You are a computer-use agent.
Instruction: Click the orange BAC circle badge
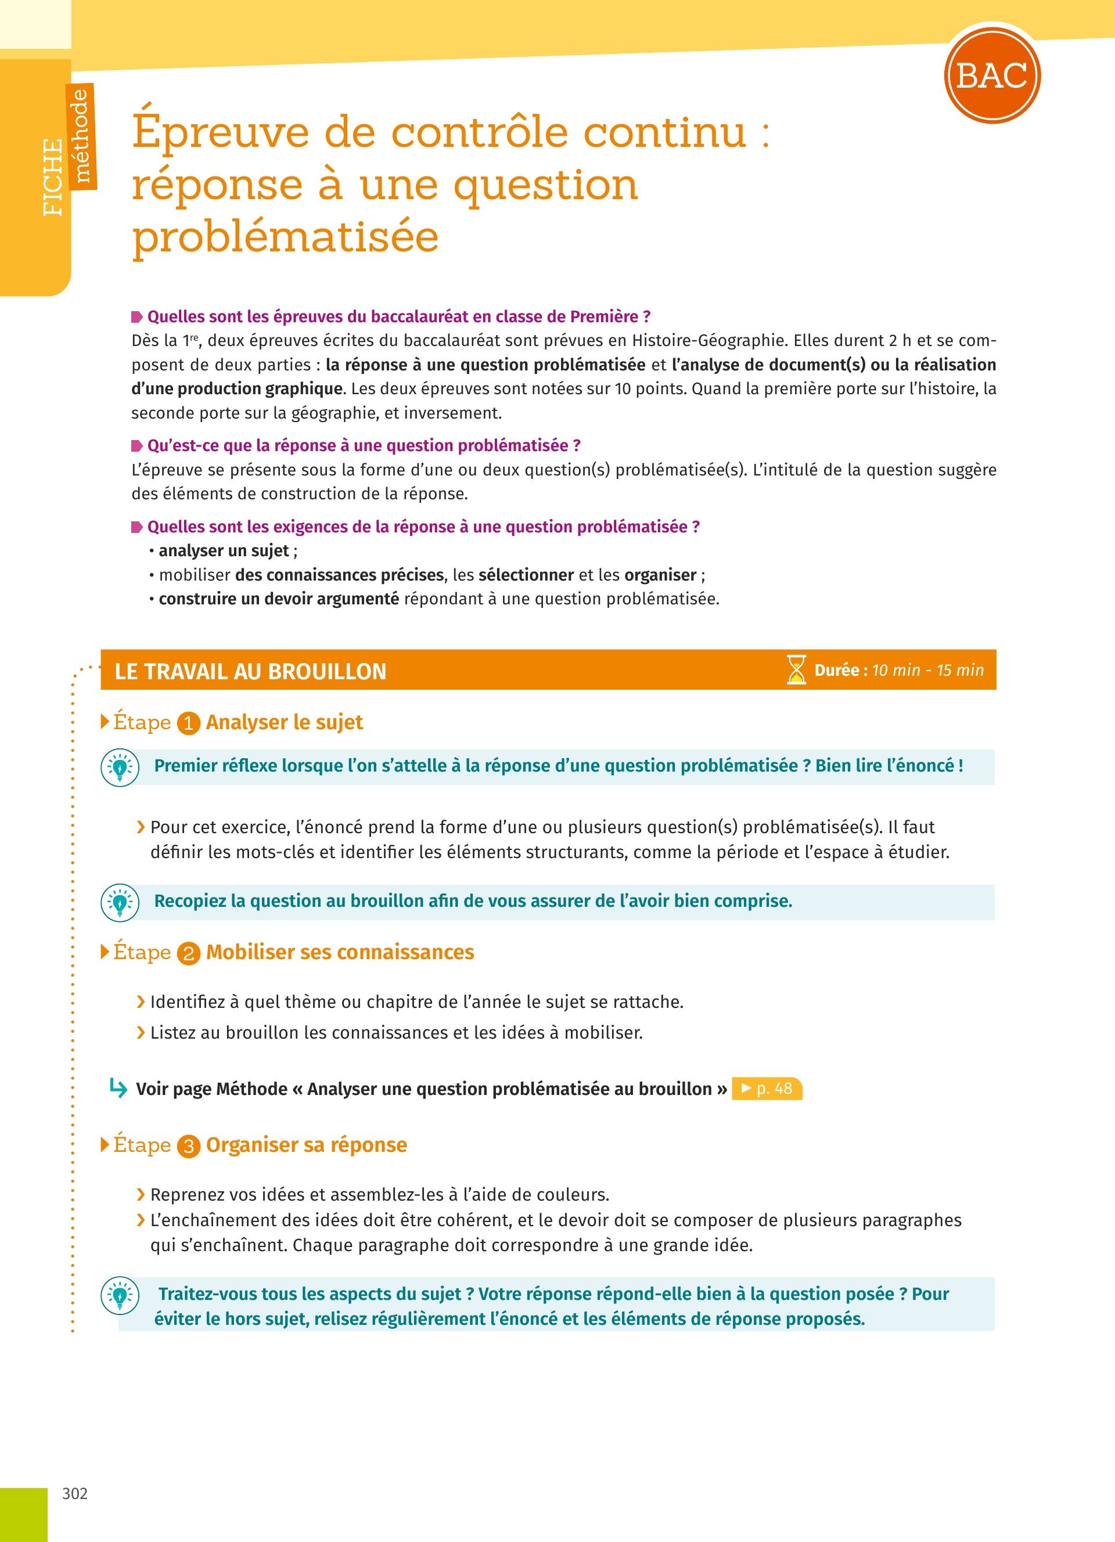[992, 75]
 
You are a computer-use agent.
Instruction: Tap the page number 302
[75, 1494]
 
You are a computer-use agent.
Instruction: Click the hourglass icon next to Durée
[796, 670]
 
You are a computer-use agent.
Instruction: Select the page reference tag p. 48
[767, 1089]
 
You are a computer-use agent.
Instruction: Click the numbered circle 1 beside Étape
[188, 723]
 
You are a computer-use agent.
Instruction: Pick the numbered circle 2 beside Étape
[188, 954]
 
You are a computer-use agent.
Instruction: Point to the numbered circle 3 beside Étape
[188, 1147]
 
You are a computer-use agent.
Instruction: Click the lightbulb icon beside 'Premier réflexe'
[120, 768]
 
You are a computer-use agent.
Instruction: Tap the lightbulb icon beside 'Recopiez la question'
[120, 902]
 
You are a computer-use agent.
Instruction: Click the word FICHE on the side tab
[52, 178]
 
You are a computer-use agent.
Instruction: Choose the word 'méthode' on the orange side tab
[81, 136]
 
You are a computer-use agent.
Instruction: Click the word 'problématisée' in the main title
[286, 237]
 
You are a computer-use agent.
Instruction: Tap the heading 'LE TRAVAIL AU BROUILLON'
[250, 672]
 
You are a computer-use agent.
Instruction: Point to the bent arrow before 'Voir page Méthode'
[118, 1089]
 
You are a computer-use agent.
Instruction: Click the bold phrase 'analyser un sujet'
[224, 551]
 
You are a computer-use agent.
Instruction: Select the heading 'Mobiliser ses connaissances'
[340, 953]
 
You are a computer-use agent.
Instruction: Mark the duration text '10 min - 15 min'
[927, 671]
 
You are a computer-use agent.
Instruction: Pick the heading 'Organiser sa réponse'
[307, 1145]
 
